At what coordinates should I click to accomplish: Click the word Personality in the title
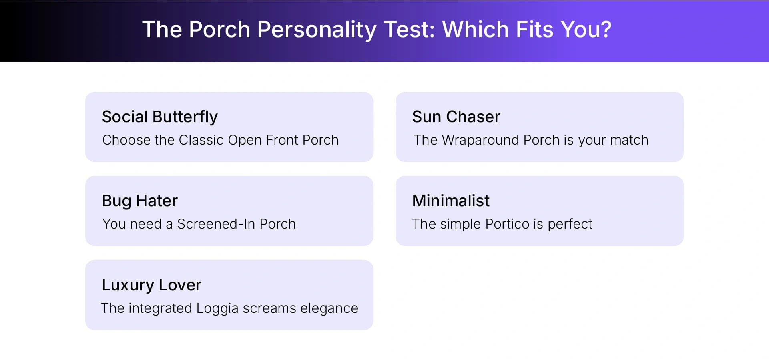click(317, 30)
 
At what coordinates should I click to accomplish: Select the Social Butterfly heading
click(160, 117)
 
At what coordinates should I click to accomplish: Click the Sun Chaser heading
click(456, 117)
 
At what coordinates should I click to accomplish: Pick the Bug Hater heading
click(140, 201)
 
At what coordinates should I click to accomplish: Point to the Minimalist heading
click(451, 201)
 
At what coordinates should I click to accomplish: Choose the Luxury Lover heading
click(151, 285)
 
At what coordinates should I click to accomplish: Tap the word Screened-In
click(216, 224)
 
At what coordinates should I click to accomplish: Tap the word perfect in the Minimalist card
click(570, 224)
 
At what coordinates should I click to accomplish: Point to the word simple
click(460, 224)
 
